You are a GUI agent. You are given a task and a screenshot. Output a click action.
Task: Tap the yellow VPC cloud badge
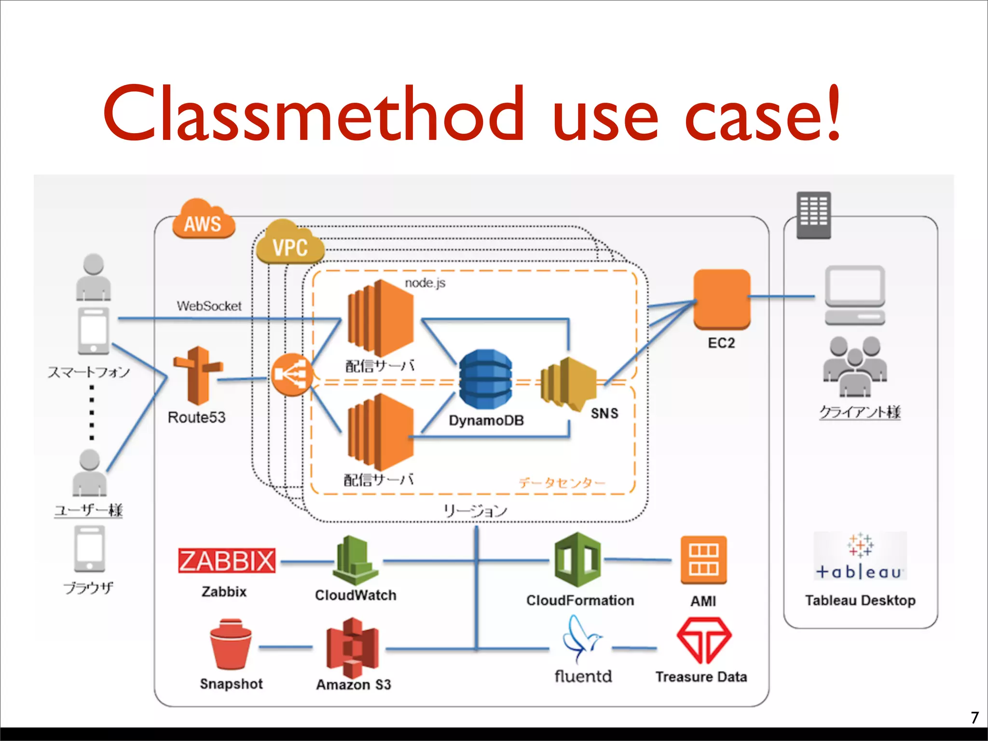click(x=289, y=243)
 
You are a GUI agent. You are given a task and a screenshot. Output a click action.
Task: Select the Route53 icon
click(x=198, y=375)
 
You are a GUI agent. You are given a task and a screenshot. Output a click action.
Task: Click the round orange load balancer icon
click(x=291, y=375)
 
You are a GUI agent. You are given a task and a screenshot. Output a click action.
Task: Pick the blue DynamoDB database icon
click(x=485, y=379)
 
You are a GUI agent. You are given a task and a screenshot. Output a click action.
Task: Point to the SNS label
click(x=604, y=413)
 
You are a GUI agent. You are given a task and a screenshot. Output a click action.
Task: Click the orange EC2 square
click(x=722, y=299)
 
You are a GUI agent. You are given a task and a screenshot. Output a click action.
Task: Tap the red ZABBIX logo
click(x=226, y=561)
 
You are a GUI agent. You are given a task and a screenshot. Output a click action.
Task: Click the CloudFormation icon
click(x=577, y=560)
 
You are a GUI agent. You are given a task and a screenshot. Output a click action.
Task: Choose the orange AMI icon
click(x=703, y=560)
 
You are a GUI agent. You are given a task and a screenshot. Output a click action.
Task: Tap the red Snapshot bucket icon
click(x=231, y=645)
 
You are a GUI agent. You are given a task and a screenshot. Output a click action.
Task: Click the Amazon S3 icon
click(x=352, y=647)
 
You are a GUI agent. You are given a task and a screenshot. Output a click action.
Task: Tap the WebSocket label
click(x=209, y=306)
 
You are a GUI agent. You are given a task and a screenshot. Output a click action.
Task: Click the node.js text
click(x=425, y=283)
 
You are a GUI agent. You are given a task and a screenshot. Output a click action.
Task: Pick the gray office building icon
click(x=813, y=215)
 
